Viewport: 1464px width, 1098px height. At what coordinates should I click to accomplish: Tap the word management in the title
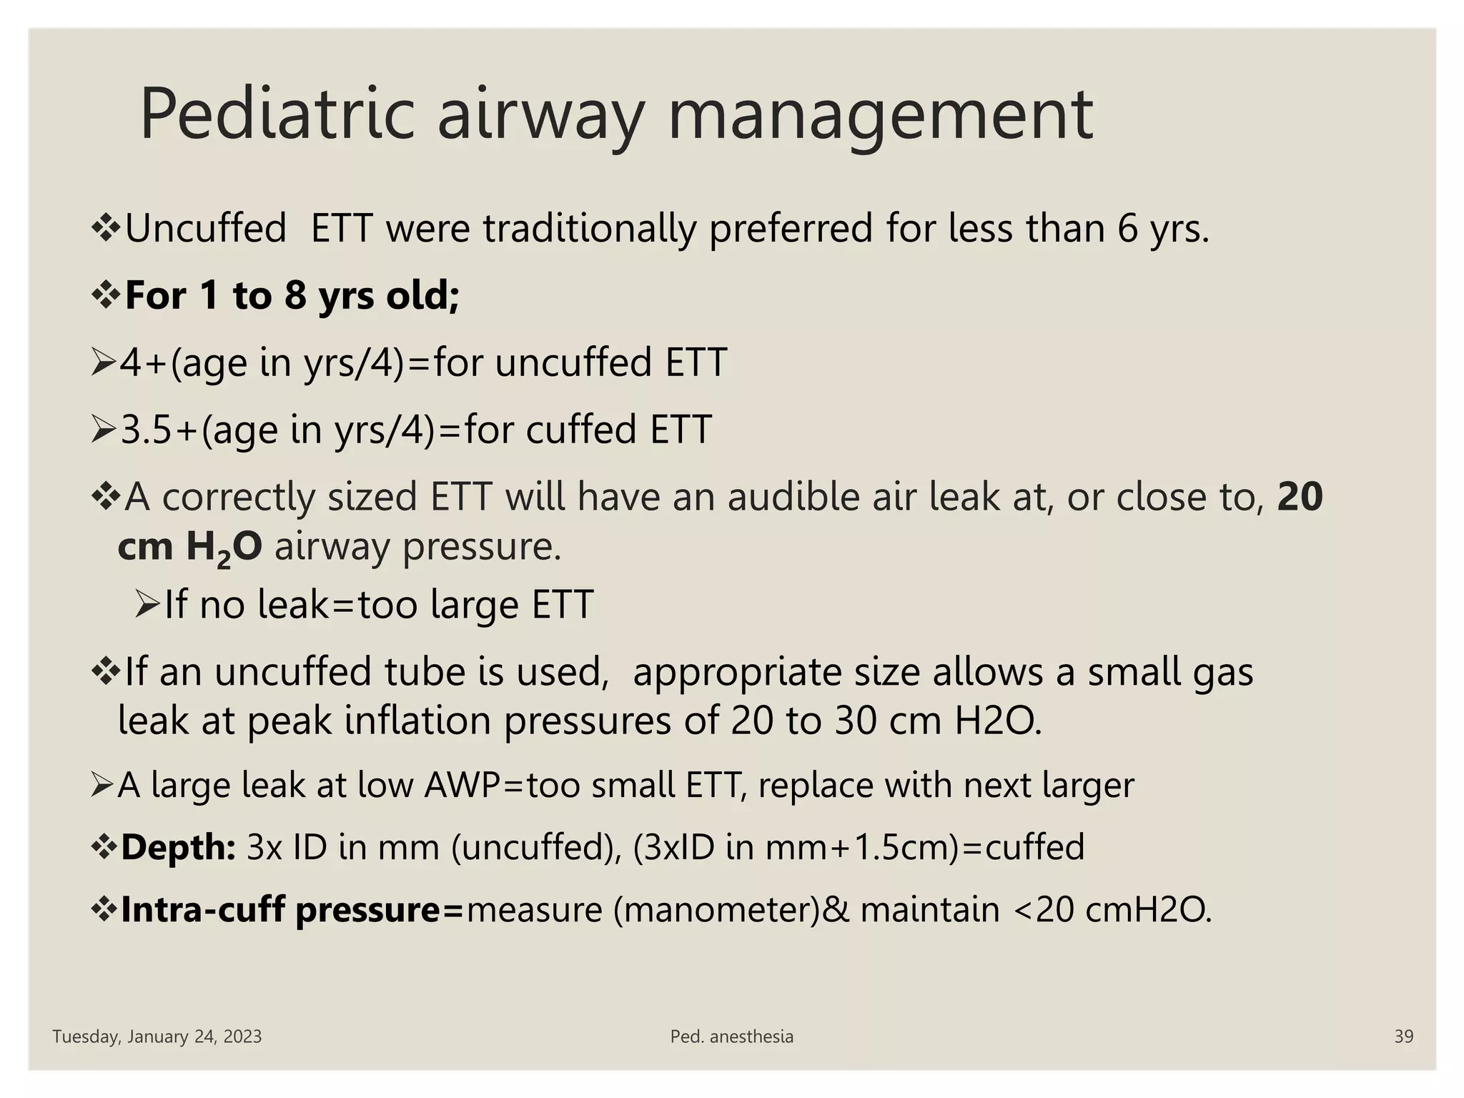879,114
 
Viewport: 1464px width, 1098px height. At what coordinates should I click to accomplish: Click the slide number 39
1403,1037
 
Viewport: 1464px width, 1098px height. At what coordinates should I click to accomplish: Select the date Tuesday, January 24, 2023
157,1037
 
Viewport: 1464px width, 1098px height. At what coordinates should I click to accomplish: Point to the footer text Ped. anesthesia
731,1037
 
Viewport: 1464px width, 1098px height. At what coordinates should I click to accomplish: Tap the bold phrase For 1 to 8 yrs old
292,295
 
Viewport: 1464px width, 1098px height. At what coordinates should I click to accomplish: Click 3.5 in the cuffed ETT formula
148,430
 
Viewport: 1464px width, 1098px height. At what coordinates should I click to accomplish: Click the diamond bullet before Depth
104,848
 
